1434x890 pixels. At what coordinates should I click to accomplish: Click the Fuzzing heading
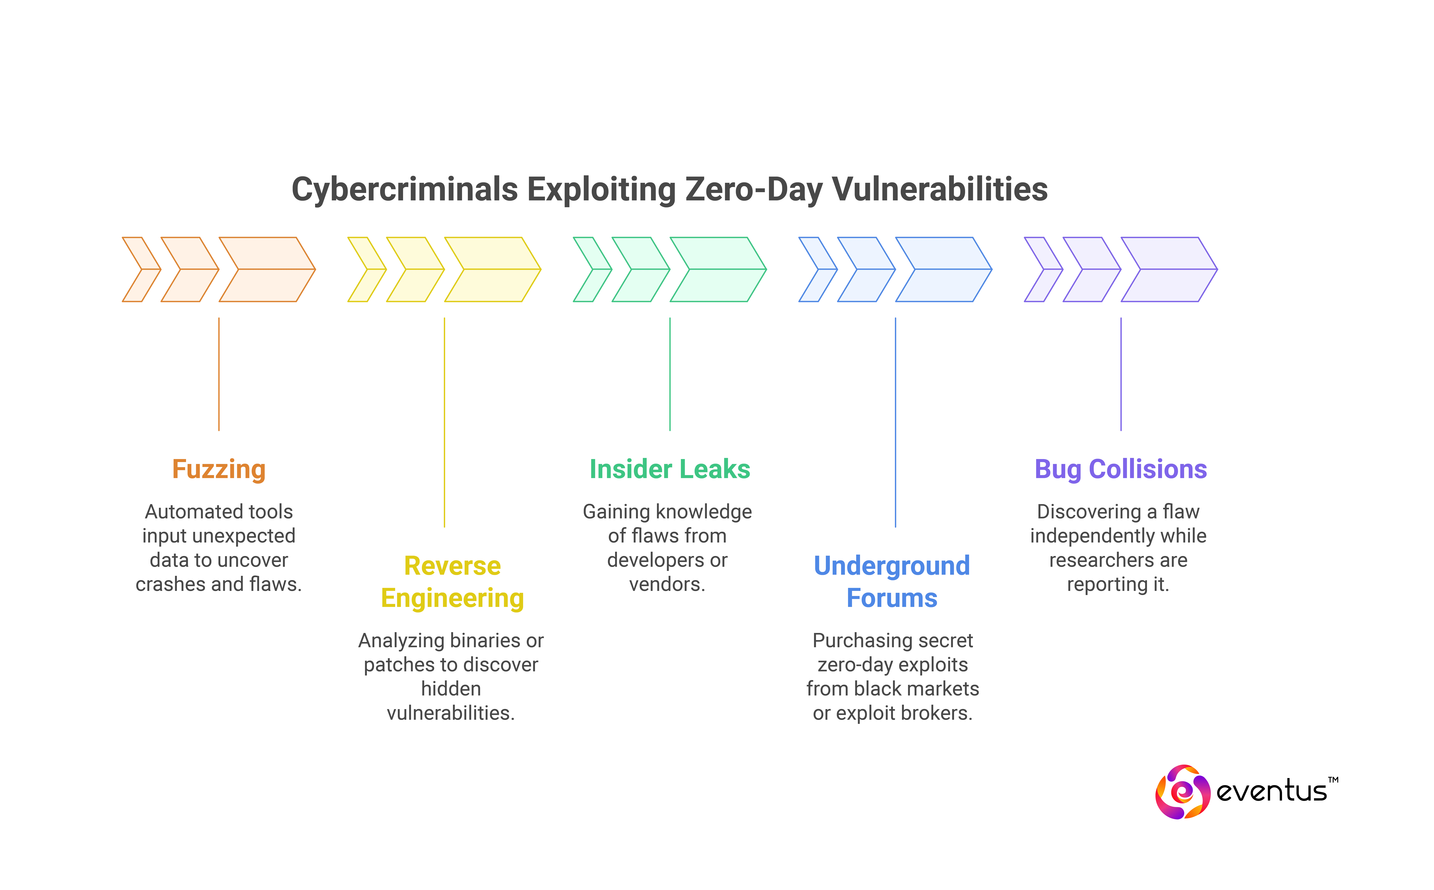[x=218, y=469]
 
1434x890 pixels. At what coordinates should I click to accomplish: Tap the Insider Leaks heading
[x=670, y=469]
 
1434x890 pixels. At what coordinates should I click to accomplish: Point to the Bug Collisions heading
[x=1120, y=469]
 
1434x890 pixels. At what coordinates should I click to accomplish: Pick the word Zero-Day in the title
[x=752, y=190]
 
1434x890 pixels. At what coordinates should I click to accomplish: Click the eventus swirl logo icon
[x=1182, y=792]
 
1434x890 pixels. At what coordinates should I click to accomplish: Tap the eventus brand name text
[x=1271, y=791]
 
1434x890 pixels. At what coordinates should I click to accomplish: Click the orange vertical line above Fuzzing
[x=218, y=374]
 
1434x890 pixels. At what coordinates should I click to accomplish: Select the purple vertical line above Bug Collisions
[x=1121, y=374]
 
